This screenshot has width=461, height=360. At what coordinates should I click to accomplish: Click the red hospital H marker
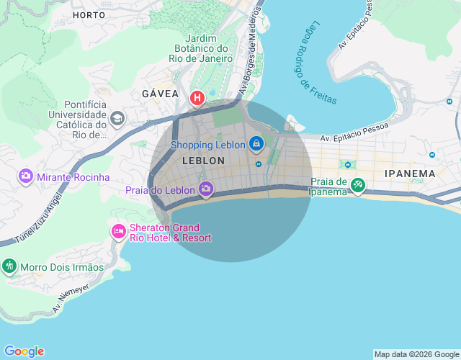click(x=197, y=97)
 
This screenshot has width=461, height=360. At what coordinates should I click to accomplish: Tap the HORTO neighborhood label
click(x=89, y=14)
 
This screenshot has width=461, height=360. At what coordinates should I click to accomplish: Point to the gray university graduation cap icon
click(x=117, y=118)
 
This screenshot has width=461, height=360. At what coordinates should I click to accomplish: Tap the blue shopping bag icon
click(x=256, y=144)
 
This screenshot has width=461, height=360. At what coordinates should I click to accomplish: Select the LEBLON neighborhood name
click(x=204, y=161)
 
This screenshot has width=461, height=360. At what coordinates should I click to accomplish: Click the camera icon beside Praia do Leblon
click(x=206, y=189)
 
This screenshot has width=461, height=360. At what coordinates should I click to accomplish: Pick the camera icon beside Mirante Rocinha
click(x=26, y=176)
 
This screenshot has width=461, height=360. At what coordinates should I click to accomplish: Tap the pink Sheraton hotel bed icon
click(x=118, y=231)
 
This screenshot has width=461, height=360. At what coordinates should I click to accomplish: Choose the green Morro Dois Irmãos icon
click(x=9, y=266)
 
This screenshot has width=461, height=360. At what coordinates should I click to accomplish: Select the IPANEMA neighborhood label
click(x=410, y=174)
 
